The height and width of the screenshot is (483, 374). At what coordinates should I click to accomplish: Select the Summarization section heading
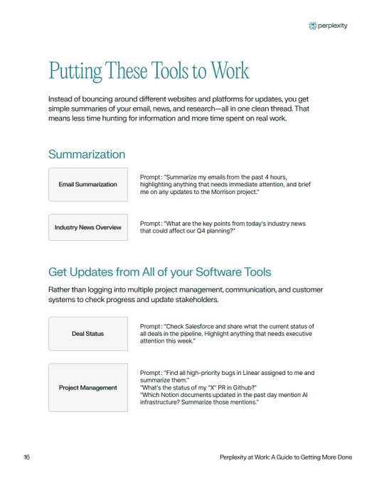(x=87, y=154)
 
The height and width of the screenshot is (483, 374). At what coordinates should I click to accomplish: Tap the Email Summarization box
(x=88, y=185)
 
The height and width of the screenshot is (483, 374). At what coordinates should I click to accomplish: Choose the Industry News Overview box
(x=88, y=228)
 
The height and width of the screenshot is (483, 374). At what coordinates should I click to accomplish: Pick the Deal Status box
(x=88, y=333)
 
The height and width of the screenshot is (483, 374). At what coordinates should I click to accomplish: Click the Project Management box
(x=88, y=388)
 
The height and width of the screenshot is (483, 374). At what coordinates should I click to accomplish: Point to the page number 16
(x=26, y=457)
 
